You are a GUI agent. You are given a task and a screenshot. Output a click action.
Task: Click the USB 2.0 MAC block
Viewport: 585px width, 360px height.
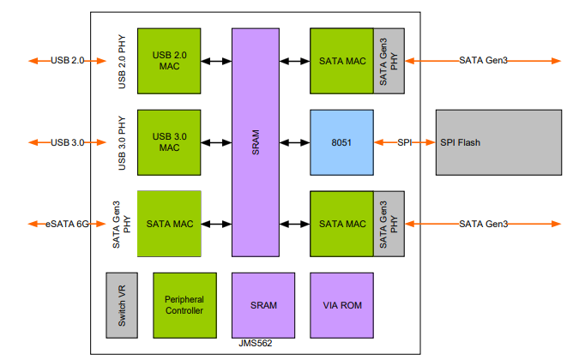168,61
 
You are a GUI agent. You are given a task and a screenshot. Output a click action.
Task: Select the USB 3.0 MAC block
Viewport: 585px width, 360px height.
168,141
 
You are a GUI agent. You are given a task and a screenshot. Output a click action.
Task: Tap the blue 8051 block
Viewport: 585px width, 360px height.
341,141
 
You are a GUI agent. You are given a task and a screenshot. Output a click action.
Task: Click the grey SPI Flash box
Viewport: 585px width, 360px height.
498,142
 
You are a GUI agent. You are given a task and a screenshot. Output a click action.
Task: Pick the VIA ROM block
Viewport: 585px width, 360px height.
341,304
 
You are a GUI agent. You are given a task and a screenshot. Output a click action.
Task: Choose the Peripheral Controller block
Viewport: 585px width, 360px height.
184,304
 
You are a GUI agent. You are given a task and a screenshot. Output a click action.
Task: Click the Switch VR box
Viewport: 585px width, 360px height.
122,304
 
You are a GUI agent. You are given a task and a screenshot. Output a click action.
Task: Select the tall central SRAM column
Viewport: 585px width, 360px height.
256,141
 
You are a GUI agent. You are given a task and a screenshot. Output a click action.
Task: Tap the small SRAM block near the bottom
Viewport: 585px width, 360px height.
262,304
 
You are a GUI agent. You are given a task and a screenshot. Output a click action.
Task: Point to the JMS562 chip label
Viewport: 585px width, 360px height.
256,343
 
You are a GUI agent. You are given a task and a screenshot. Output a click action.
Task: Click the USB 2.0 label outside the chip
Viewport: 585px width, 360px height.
67,61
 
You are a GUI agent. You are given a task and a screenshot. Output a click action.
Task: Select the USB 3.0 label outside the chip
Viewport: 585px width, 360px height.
67,142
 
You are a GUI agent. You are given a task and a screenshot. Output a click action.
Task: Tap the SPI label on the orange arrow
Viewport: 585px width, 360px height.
405,142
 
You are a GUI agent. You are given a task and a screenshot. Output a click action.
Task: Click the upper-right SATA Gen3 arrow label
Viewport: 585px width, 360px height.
483,61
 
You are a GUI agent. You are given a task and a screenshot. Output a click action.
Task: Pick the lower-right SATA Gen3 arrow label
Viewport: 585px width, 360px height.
483,224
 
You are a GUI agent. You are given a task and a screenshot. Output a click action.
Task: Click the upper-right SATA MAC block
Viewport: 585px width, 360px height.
341,61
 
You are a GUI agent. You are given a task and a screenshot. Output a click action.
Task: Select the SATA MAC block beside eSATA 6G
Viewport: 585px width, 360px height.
170,224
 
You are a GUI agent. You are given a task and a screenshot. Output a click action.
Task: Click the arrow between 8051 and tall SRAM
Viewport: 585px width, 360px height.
294,142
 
